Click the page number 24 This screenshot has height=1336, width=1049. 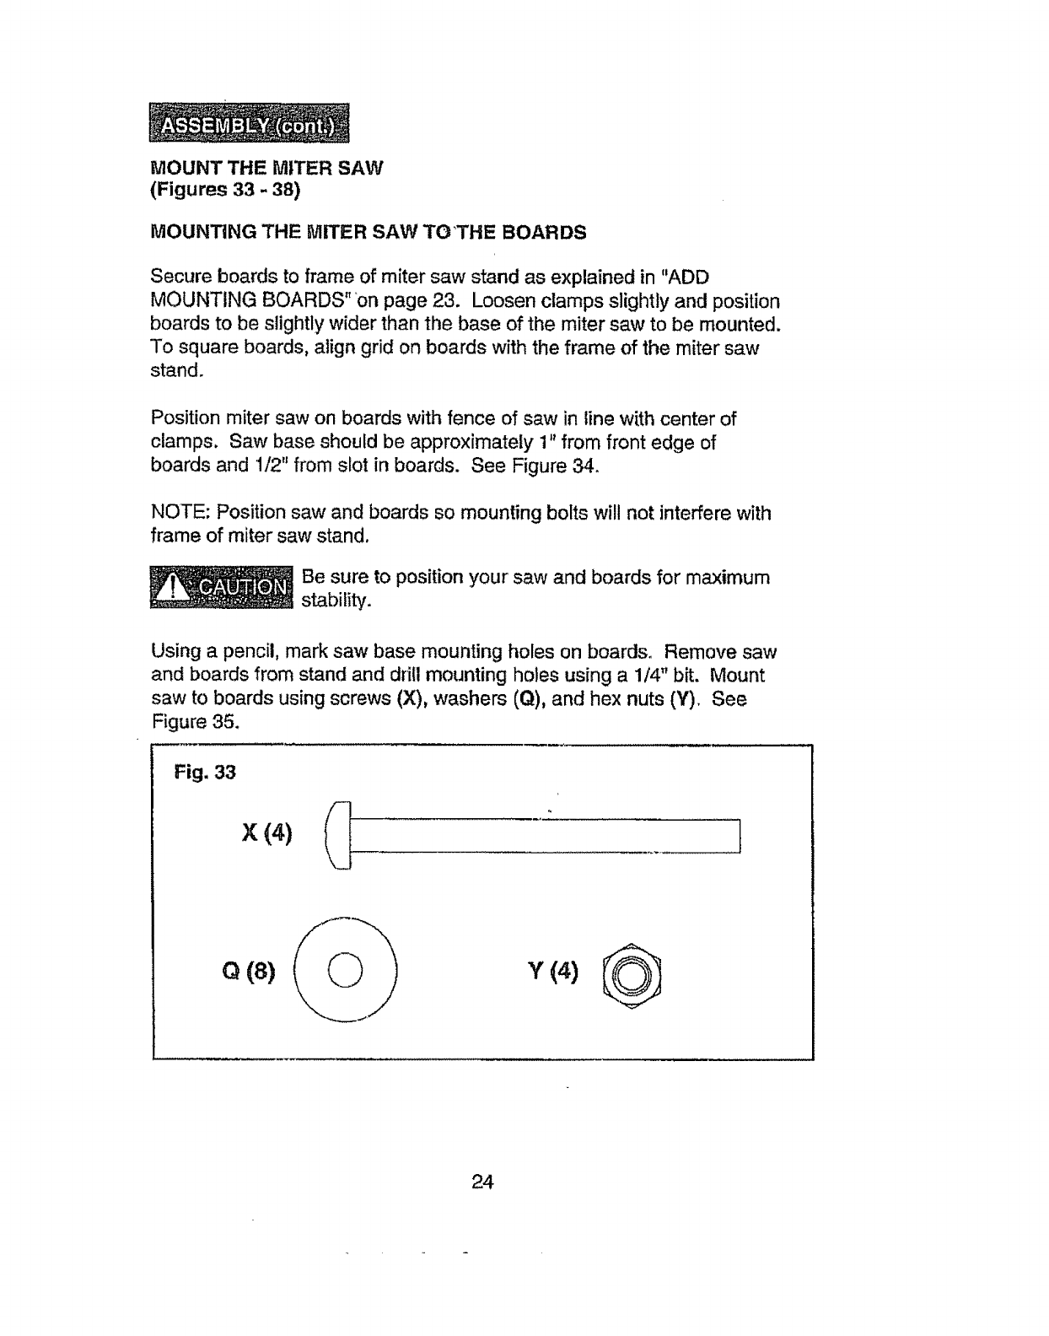coord(481,1182)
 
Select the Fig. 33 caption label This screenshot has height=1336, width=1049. coord(204,772)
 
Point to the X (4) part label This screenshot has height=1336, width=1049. coord(266,834)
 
